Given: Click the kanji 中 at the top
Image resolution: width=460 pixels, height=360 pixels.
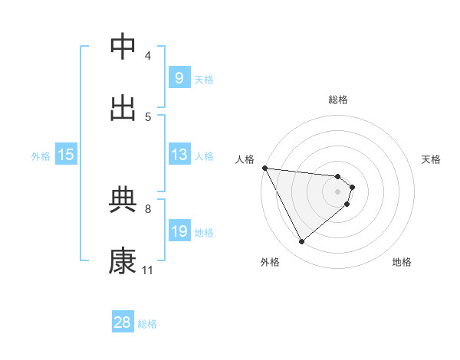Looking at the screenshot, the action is [123, 47].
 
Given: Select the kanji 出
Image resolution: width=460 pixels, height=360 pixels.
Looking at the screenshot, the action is [123, 108].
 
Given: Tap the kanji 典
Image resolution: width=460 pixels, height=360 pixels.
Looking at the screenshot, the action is [123, 200].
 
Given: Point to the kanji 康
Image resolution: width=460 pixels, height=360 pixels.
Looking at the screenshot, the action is [123, 260].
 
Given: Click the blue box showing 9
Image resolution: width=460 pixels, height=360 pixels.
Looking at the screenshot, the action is [179, 77].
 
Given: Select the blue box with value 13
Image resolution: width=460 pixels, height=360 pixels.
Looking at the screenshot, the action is [179, 155].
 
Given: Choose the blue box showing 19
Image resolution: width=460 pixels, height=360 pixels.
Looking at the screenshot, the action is [179, 231].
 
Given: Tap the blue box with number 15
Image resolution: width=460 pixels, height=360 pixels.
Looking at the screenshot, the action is [66, 155].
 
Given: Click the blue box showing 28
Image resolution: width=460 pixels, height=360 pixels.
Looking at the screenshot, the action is [123, 322].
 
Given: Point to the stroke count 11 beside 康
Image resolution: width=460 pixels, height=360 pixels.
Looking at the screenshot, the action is [147, 270].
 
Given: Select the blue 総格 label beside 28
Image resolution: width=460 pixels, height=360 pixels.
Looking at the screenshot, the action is [147, 324].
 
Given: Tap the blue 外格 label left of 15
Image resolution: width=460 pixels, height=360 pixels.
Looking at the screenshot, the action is [41, 156].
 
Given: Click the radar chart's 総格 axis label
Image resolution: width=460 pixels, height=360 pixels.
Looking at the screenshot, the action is [337, 100].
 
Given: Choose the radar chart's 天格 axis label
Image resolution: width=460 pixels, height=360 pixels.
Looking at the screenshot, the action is [431, 159].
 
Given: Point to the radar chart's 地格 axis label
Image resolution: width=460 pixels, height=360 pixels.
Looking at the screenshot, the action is [402, 262].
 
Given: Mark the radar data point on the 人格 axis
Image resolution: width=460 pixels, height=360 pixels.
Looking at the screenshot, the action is [264, 168].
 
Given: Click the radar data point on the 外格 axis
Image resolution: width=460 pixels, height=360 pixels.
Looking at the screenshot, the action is [301, 242].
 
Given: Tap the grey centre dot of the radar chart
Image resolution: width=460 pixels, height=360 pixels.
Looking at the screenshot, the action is [337, 191].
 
